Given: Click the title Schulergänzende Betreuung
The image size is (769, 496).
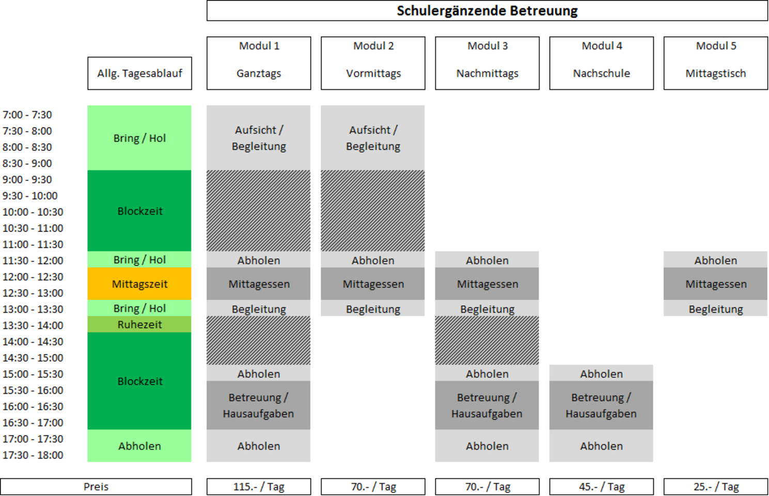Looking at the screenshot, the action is tap(487, 11).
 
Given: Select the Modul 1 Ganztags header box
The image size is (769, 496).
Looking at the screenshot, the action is tap(259, 63).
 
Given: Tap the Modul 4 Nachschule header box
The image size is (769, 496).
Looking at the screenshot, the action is tap(602, 63).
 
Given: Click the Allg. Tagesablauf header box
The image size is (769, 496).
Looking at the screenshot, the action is tap(140, 73).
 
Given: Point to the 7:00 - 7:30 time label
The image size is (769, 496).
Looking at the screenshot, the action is tap(27, 114).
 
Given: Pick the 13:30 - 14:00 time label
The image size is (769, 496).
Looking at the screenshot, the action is tap(33, 326).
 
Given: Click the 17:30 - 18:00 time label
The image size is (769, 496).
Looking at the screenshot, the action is tap(33, 455).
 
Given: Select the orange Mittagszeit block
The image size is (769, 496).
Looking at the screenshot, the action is tap(139, 284).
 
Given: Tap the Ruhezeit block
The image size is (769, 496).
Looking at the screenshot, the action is tap(139, 324).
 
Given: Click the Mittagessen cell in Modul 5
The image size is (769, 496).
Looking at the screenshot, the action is tap(715, 284).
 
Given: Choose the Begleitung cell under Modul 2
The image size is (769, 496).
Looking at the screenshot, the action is tap(373, 308).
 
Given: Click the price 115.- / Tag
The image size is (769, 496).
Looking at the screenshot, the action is tap(259, 487).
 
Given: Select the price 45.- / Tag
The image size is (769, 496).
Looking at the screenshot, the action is tap(602, 487).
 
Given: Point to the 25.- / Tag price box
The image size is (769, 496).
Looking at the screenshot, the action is tap(716, 487).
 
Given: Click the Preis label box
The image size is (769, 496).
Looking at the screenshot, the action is tap(96, 487).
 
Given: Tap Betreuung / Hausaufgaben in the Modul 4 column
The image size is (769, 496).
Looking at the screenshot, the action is tap(601, 405).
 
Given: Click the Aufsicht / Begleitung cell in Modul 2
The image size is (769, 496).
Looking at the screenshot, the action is tap(373, 138).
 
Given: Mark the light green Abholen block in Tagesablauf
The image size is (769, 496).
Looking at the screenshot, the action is tap(139, 446).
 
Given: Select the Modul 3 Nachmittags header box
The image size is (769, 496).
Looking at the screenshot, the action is tap(487, 63).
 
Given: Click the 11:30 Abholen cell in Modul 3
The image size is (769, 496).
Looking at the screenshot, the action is tap(487, 259).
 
